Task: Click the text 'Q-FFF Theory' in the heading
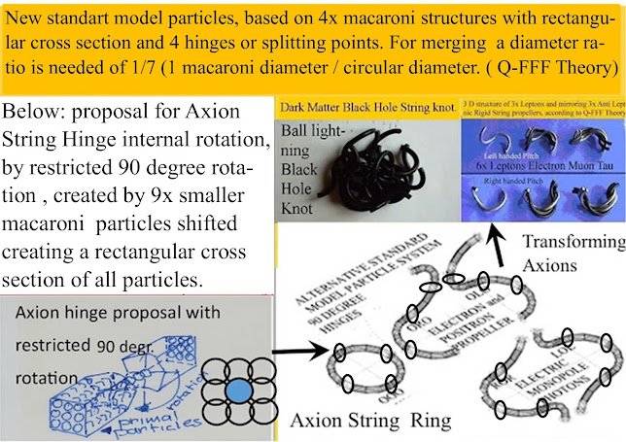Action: (x=557, y=68)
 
